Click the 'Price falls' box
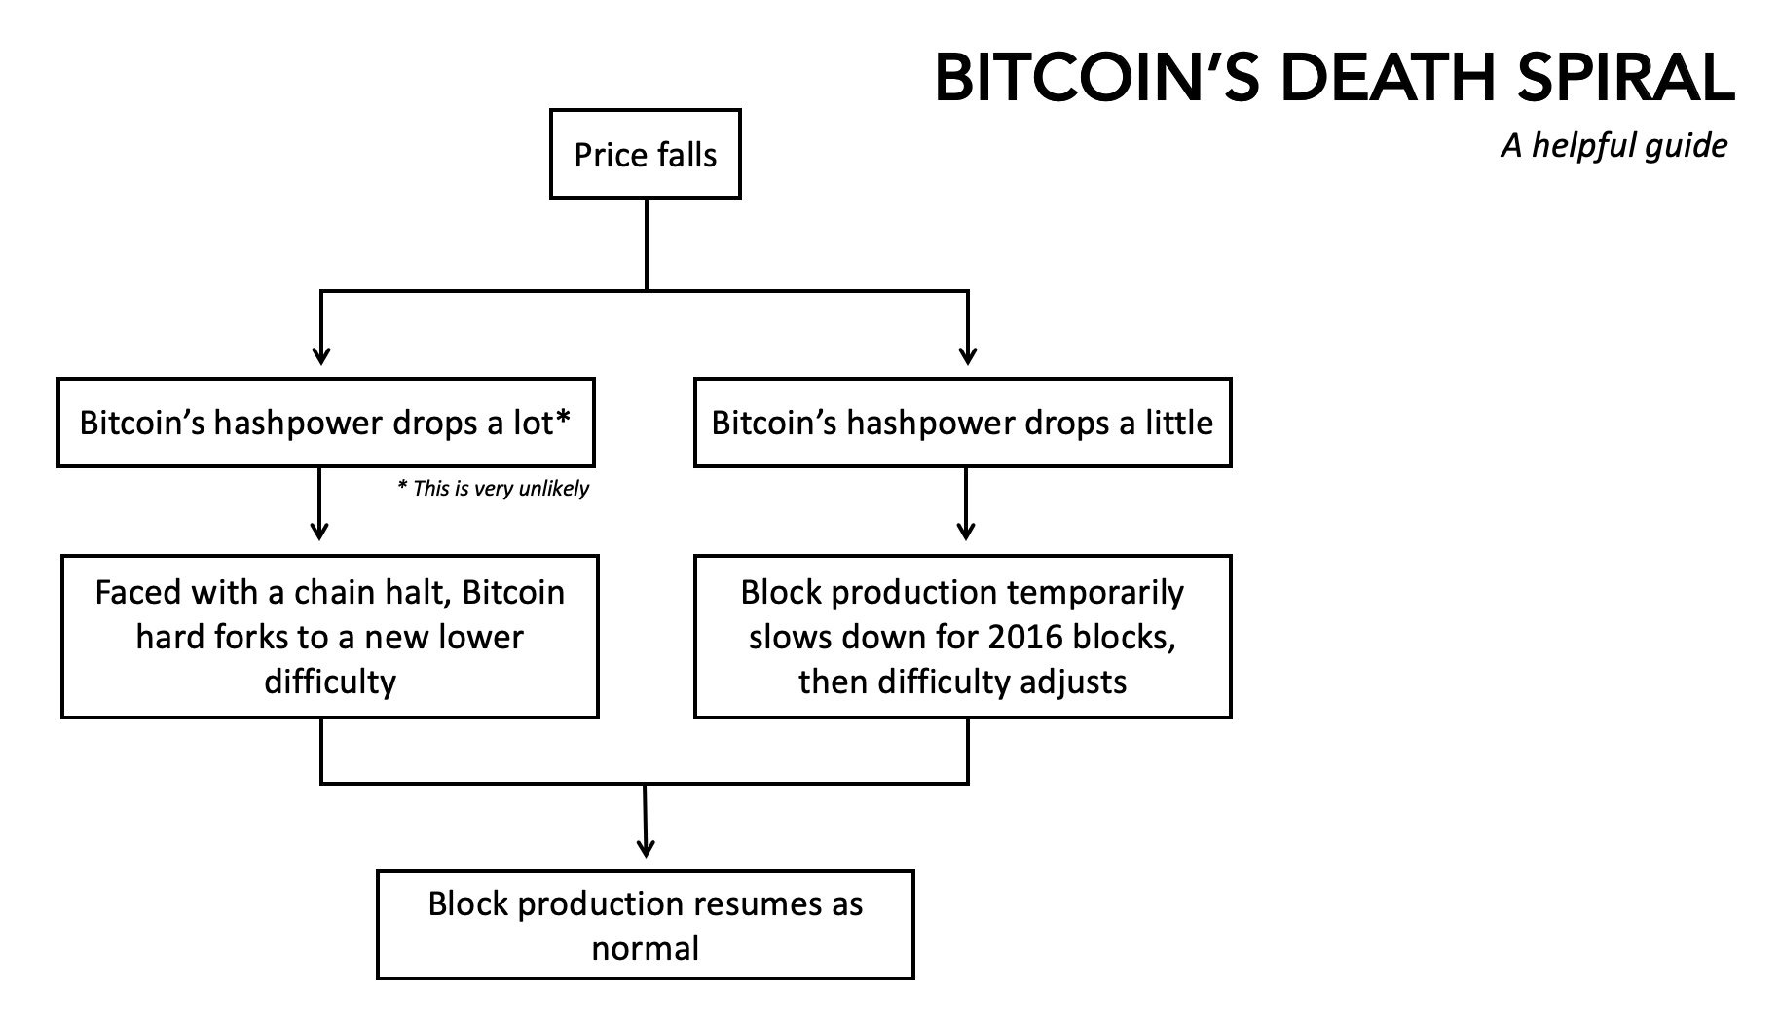coord(645,155)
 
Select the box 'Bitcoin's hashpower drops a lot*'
coord(325,423)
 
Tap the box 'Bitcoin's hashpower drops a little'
coord(962,423)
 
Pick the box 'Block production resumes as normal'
coord(645,925)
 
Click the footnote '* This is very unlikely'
coord(493,489)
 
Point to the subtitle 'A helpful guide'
coord(1613,146)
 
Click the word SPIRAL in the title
coord(1625,78)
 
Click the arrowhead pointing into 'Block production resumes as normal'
coord(645,848)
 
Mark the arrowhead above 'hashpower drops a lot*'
coord(320,355)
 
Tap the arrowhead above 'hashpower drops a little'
coord(967,355)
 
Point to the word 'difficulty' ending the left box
coord(329,682)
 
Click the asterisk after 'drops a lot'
coord(562,419)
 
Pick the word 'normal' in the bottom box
coord(645,948)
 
